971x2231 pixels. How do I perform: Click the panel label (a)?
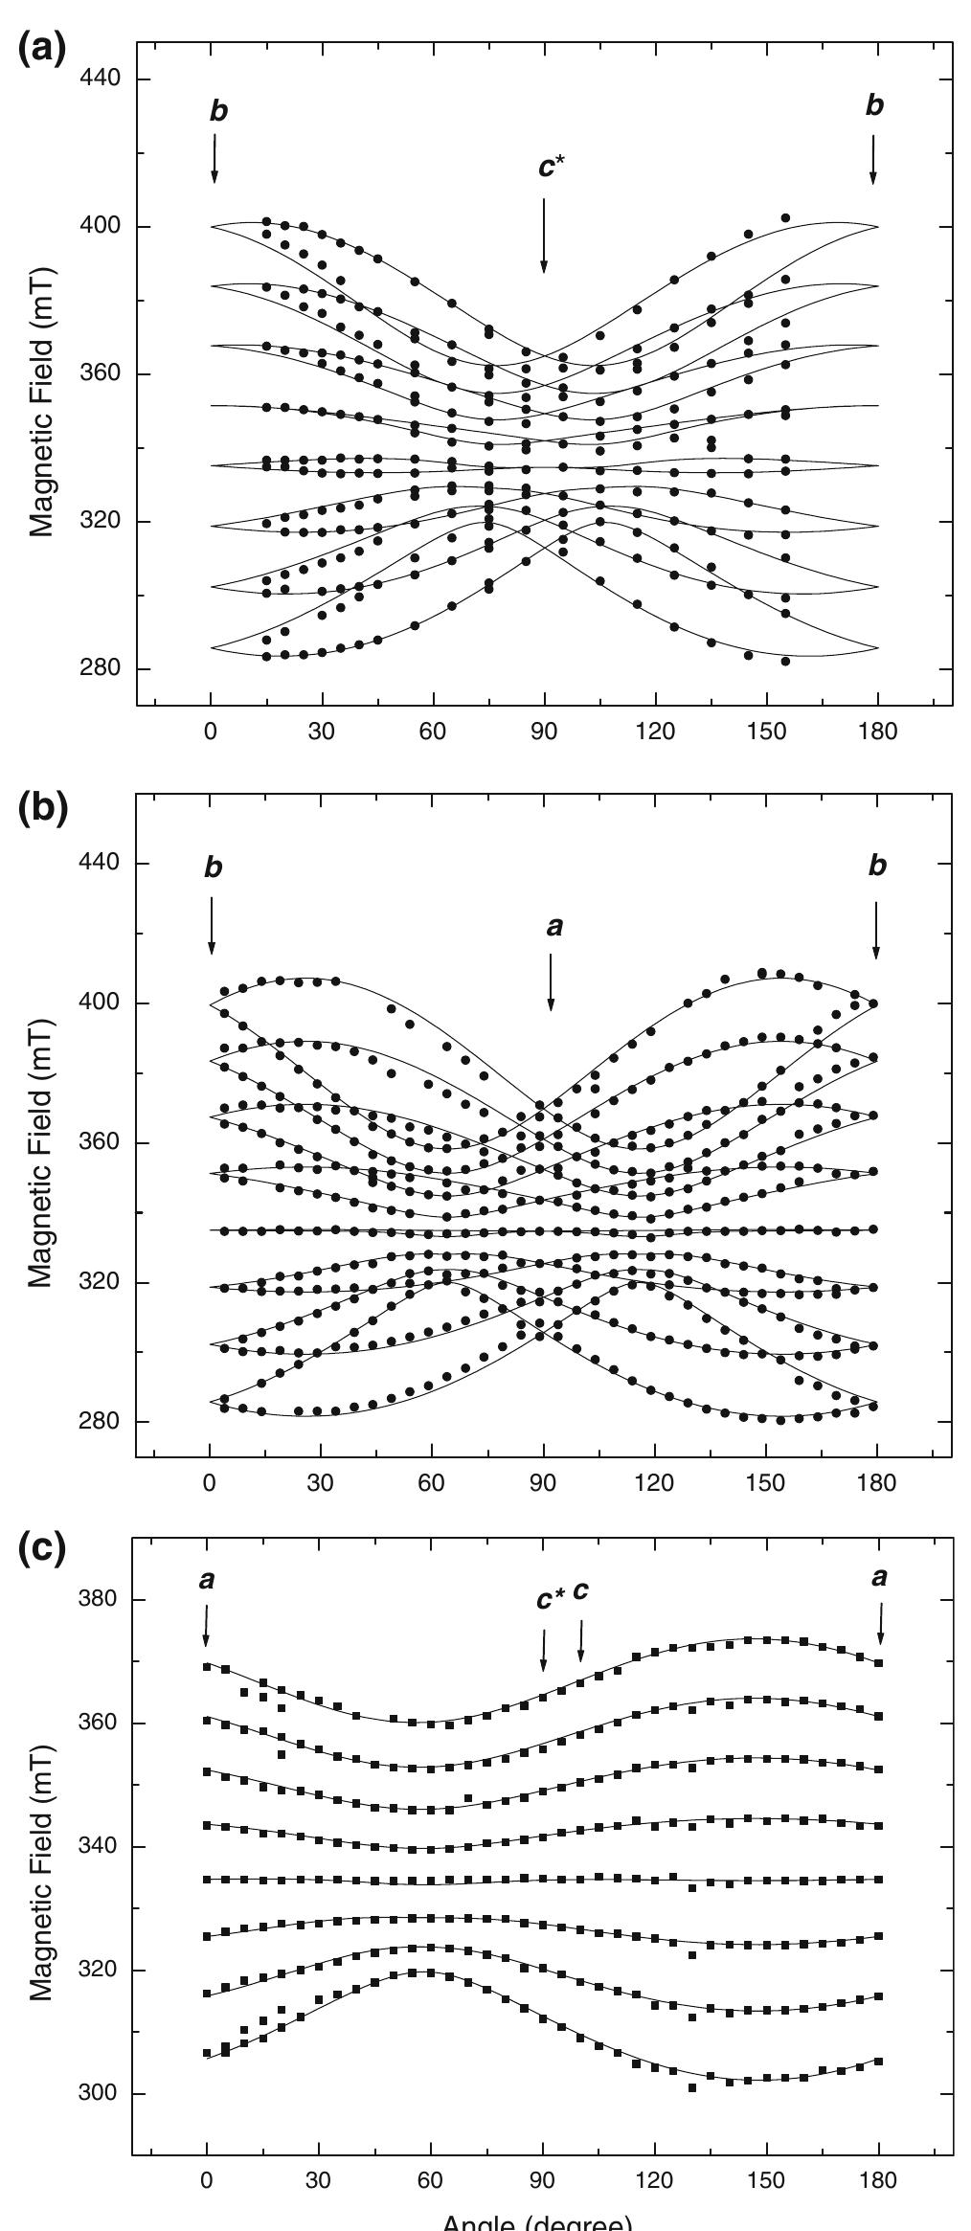(43, 49)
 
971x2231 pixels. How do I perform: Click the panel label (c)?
(43, 1553)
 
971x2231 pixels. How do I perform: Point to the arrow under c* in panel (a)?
(544, 235)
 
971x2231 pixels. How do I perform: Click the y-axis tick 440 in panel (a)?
(100, 79)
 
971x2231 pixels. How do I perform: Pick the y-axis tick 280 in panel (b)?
(100, 1422)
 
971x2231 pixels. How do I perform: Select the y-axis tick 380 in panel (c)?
(100, 1600)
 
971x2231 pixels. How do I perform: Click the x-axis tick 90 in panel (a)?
(544, 732)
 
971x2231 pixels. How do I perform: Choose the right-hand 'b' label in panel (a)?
(874, 106)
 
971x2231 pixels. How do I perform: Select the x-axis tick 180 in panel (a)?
(878, 732)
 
